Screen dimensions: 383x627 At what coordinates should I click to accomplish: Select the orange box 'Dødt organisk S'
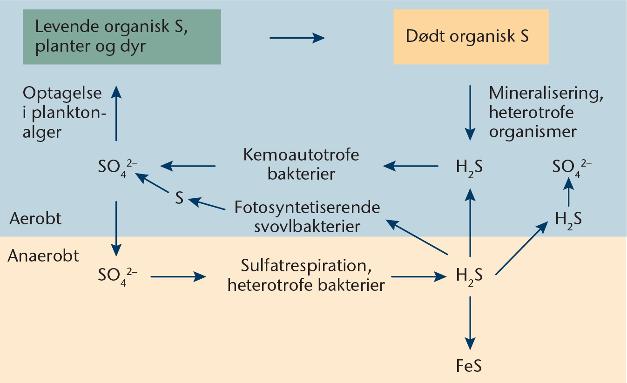click(x=471, y=36)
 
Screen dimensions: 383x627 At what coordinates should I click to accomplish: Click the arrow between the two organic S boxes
click(x=297, y=38)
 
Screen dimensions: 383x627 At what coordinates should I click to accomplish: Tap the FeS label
click(x=469, y=366)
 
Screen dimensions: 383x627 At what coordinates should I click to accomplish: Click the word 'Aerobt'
click(x=35, y=219)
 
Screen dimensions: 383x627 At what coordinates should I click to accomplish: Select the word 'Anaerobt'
click(x=43, y=255)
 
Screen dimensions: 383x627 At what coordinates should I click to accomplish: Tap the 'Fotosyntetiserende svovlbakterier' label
click(x=307, y=216)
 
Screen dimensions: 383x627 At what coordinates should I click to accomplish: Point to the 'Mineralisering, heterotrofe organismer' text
click(x=539, y=112)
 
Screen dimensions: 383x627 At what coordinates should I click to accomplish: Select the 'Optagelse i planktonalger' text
click(x=61, y=113)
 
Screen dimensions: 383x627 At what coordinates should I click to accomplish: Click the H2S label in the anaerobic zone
click(x=469, y=276)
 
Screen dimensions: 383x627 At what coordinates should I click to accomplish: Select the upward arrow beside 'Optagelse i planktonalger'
click(x=116, y=114)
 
